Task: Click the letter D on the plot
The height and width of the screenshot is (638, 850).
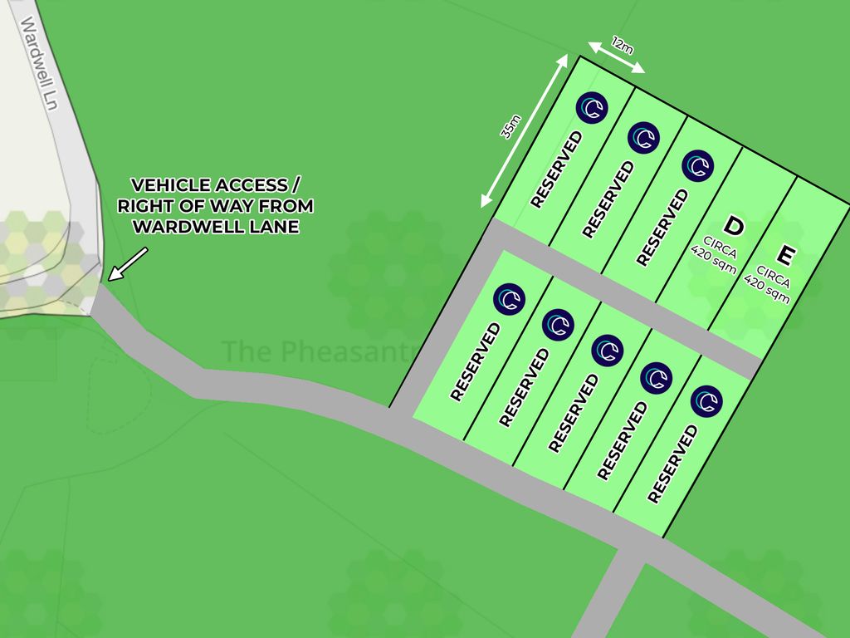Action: (x=733, y=225)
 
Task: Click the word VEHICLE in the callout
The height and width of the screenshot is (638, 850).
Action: (x=165, y=184)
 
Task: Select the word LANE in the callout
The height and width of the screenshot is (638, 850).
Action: (x=268, y=226)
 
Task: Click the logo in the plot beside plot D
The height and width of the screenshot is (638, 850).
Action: (x=698, y=165)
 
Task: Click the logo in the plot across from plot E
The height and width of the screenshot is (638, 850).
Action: (x=706, y=401)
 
